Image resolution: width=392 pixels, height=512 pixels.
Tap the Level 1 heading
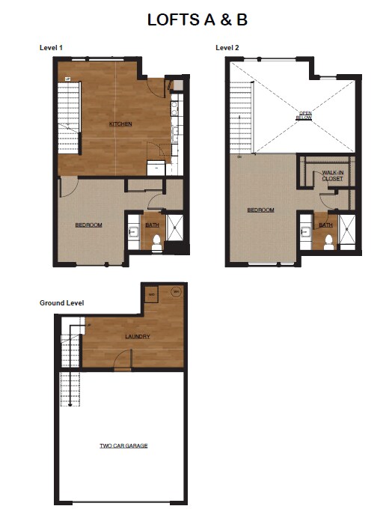coord(51,48)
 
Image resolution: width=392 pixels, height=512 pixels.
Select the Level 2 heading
coord(227,48)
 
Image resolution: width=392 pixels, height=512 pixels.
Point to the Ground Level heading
coord(61,302)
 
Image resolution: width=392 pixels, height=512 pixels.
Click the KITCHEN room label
coord(120,124)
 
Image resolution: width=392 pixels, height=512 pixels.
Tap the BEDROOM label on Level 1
coord(88,225)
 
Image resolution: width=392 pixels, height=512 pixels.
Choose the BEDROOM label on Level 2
coord(260,210)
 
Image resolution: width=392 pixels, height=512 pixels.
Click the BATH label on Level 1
coord(152,225)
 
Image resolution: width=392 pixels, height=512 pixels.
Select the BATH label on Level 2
coord(325,225)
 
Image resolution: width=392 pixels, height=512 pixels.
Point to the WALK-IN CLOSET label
coord(333,176)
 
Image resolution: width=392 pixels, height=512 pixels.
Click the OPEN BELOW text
coord(304,115)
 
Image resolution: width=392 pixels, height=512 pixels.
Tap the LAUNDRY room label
coord(138,337)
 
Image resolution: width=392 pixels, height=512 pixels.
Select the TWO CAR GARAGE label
coord(123,445)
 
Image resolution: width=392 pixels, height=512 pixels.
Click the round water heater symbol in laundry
coord(176,291)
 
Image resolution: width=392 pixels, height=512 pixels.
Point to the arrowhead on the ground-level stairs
coord(70,405)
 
